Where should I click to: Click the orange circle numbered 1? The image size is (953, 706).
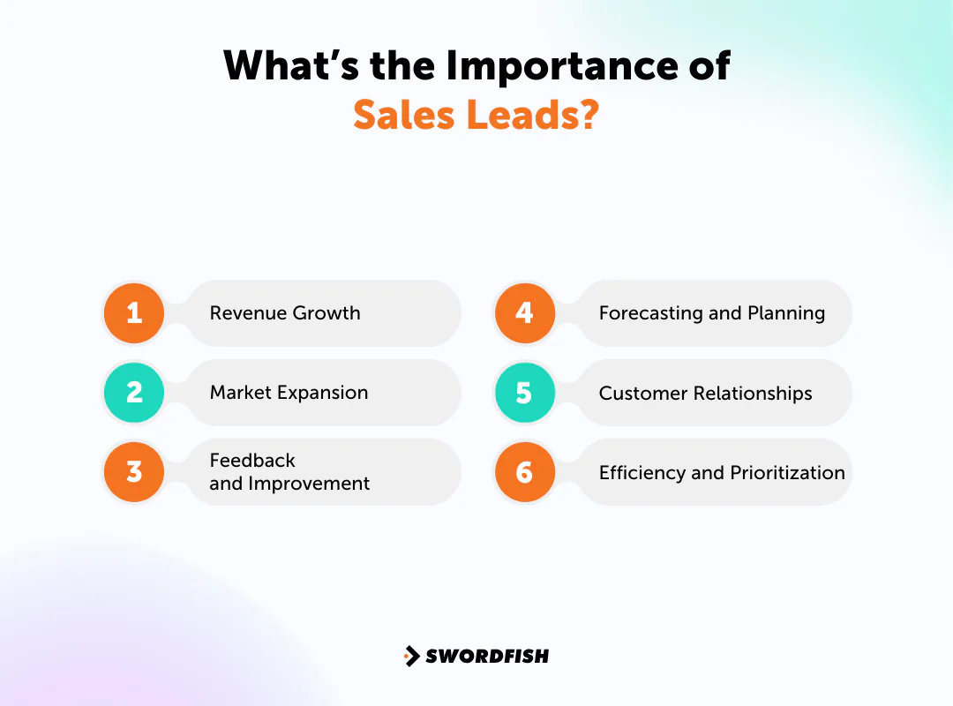pos(134,313)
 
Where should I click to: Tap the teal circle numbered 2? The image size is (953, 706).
pos(134,393)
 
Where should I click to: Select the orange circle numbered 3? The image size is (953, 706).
pos(134,472)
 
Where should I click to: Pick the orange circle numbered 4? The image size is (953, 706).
pos(524,313)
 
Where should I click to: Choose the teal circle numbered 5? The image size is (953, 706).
pos(524,393)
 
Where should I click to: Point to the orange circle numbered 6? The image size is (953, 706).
pos(524,472)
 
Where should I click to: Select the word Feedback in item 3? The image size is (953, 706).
pos(252,461)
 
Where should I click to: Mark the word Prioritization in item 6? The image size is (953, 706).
pos(787,472)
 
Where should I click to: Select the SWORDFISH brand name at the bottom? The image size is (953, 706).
pos(487,656)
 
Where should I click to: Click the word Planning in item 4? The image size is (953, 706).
pos(786,313)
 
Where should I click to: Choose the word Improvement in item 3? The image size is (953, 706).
pos(309,484)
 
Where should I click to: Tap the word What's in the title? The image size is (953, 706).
pos(276,66)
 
